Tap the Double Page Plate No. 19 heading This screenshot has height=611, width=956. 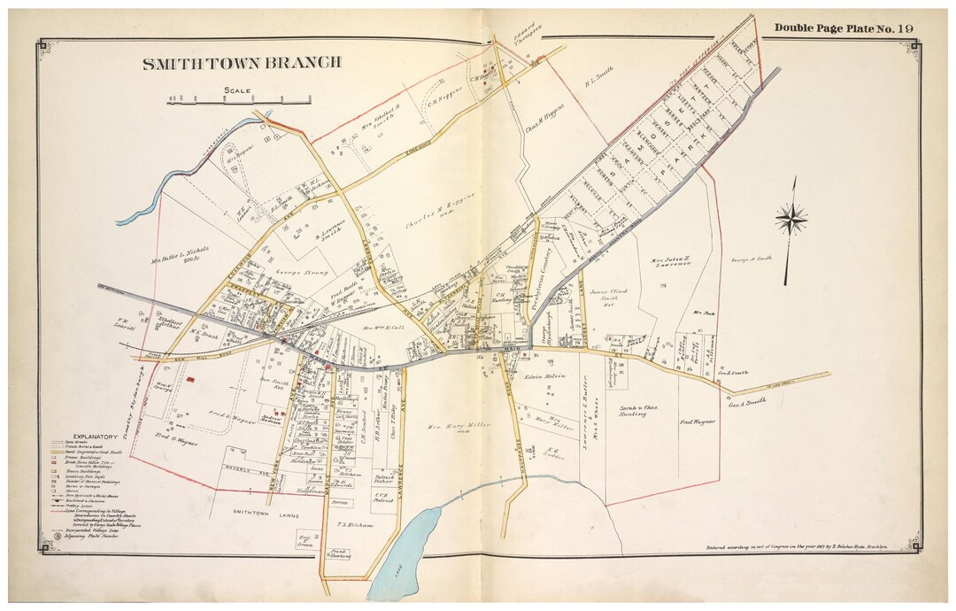coord(844,28)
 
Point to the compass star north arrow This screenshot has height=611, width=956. coord(790,219)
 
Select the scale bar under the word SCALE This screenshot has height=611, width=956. coord(239,103)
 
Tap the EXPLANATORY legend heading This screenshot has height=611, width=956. coord(95,437)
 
